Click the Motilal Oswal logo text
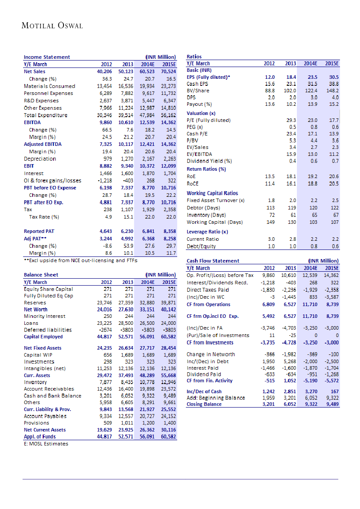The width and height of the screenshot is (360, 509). click(52, 26)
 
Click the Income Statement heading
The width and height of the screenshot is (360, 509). click(47, 57)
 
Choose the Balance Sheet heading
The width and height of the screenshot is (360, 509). click(41, 275)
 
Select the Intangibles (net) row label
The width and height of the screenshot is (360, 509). click(44, 368)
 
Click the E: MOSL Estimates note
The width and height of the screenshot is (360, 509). click(46, 444)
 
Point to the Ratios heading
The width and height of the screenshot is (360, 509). click(194, 57)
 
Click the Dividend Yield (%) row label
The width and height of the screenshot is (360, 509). click(209, 161)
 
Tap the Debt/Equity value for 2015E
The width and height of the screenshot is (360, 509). click(334, 246)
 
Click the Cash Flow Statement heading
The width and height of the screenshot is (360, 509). click(213, 261)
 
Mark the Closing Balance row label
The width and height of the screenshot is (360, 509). click(204, 404)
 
